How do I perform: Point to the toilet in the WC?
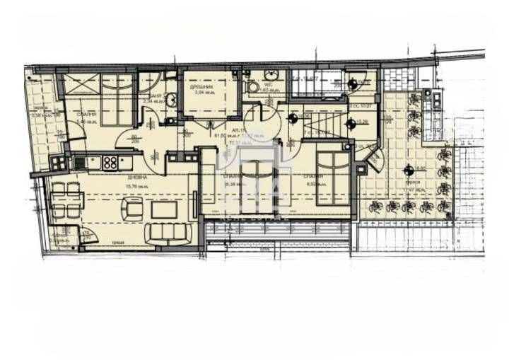(252, 86)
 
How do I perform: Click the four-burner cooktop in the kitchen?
(110, 162)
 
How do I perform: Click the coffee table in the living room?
(164, 209)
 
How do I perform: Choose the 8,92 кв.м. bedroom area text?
(313, 184)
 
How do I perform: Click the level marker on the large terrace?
(408, 169)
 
